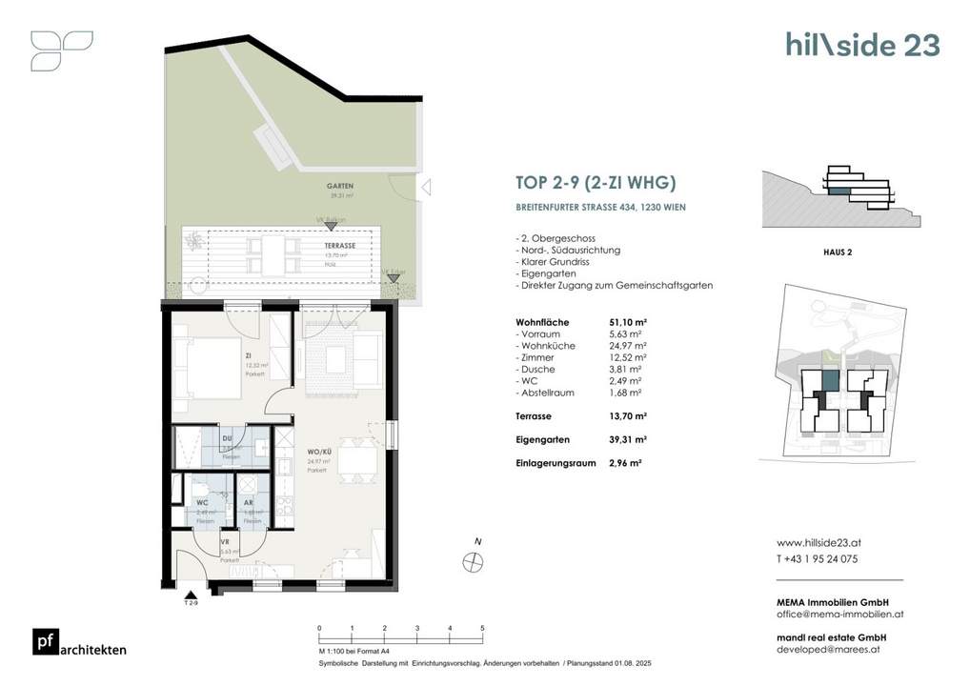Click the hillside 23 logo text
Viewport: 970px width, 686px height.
[x=862, y=45]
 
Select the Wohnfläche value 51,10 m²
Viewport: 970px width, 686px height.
[x=628, y=322]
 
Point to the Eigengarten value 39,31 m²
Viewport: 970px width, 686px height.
[x=628, y=439]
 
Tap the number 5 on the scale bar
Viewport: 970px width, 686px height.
[x=482, y=628]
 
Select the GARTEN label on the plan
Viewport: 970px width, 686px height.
[x=315, y=189]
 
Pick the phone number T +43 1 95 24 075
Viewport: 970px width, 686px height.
[x=818, y=559]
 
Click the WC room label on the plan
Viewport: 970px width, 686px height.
[x=202, y=502]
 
